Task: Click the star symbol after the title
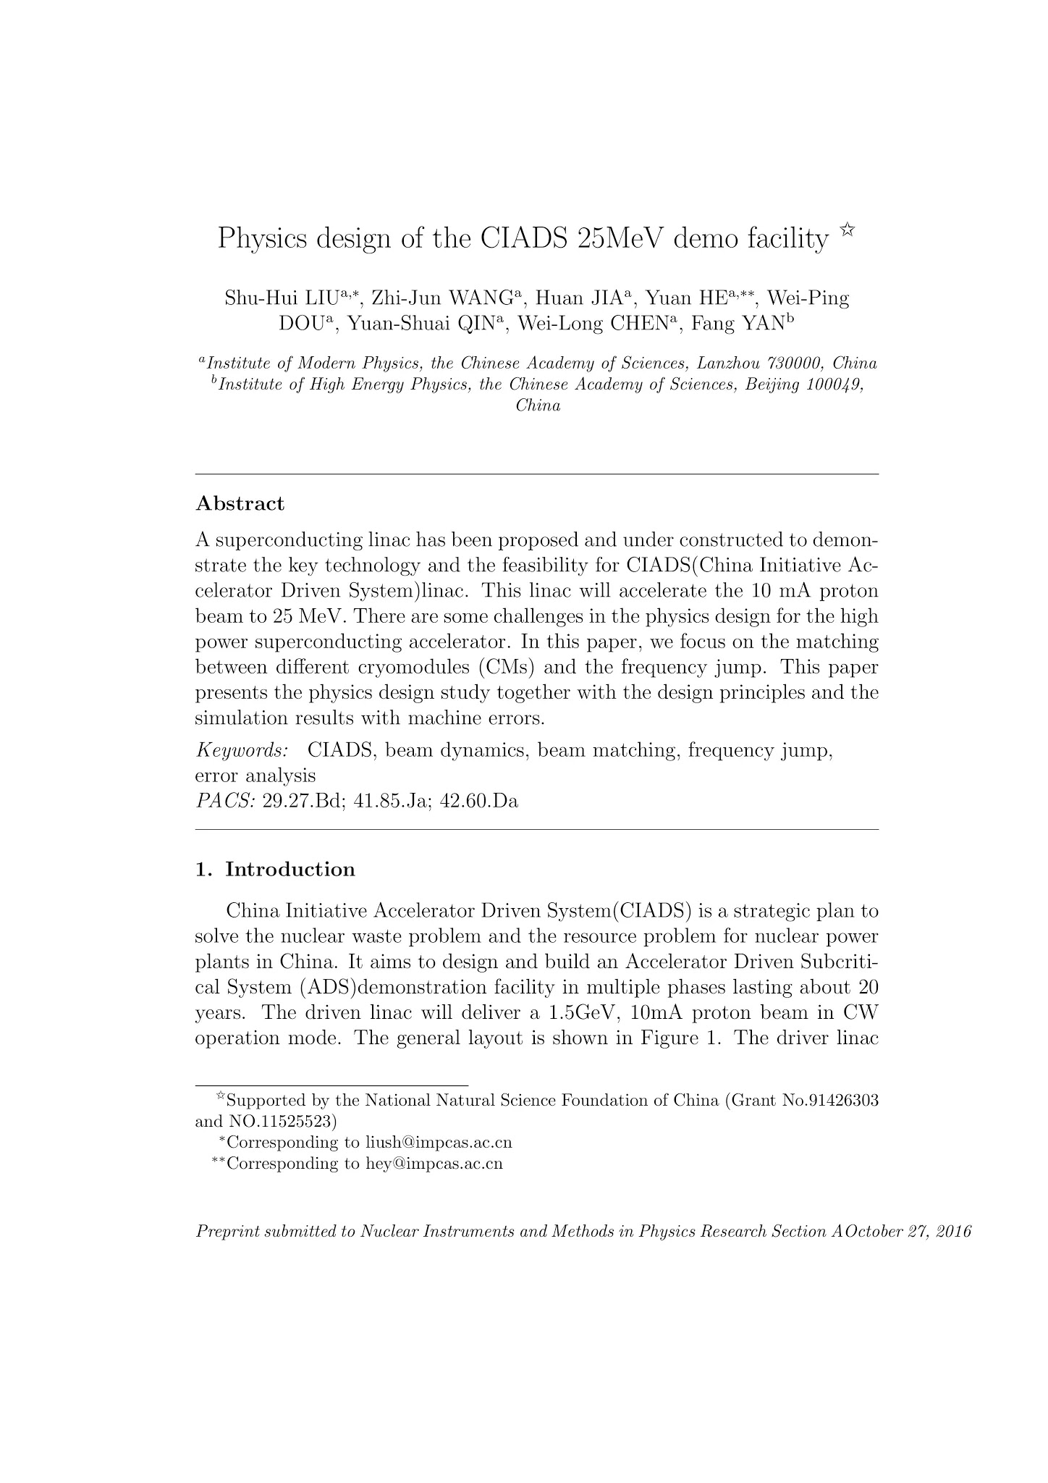848,231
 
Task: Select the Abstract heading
240,504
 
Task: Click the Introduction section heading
290,870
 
